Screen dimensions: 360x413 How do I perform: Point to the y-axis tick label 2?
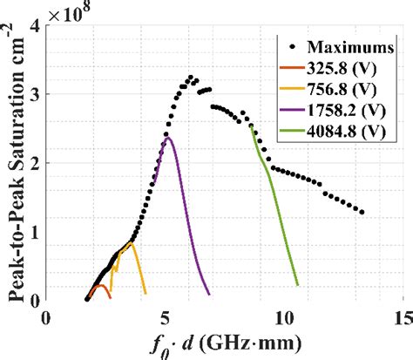click(36, 163)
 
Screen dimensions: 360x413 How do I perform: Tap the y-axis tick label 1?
click(36, 232)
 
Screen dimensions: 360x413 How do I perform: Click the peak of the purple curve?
click(167, 137)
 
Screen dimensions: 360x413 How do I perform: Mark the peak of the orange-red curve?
click(100, 285)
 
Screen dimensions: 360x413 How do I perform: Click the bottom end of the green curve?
click(298, 285)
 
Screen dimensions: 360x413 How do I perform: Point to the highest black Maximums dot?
click(190, 77)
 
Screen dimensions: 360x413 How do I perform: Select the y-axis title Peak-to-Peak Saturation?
click(15, 166)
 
